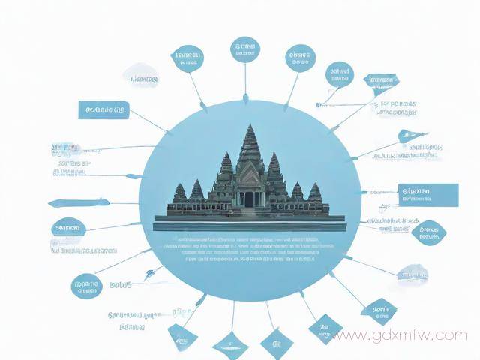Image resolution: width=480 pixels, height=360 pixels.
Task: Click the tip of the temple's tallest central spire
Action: (250, 126)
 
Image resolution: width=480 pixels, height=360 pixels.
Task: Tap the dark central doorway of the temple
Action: (248, 199)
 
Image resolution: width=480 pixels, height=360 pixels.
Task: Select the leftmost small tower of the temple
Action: (179, 193)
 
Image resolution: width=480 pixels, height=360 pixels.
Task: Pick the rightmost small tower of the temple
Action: (315, 193)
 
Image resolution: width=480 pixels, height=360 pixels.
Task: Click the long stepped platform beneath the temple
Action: (248, 222)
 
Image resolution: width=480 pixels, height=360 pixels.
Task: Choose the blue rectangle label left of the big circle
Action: (103, 110)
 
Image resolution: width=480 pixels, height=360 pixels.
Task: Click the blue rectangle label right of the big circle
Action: (428, 194)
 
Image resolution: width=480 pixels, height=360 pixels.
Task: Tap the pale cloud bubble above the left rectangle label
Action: (142, 77)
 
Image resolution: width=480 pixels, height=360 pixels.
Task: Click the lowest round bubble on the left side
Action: (86, 285)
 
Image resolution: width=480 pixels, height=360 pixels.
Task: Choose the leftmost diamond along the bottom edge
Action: (182, 336)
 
